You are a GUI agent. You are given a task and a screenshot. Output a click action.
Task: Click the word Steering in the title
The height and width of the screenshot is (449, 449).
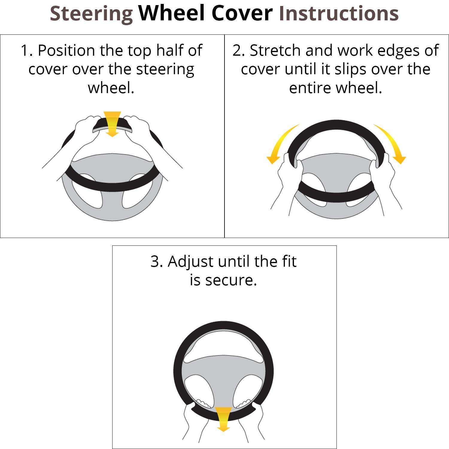tap(91, 14)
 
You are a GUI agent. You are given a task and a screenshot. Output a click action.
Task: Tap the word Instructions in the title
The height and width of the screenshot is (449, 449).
tap(339, 14)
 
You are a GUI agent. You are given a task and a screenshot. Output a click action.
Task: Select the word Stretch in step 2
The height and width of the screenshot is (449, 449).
tap(275, 50)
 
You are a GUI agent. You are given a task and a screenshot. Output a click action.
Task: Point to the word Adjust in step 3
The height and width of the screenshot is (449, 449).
tap(190, 262)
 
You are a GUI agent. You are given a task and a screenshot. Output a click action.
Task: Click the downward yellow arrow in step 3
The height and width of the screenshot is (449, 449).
tap(223, 419)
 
